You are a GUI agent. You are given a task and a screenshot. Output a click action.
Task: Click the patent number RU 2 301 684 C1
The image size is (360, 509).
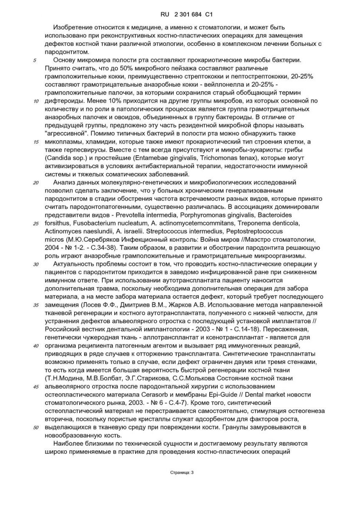180,14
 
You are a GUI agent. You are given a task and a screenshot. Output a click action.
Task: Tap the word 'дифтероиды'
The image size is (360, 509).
62,101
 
